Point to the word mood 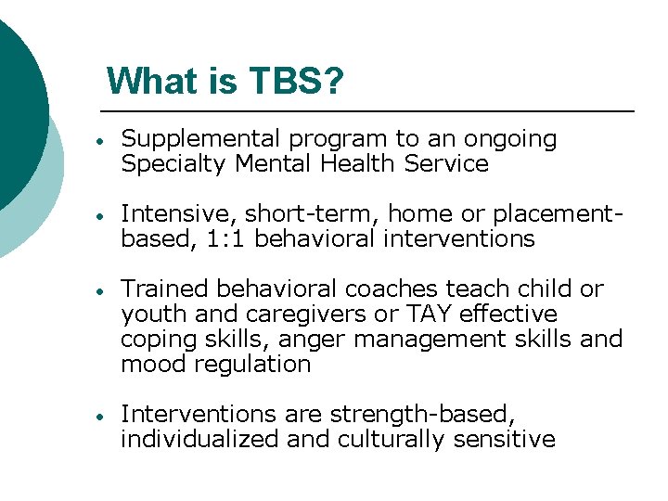[x=148, y=365]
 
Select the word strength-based [x=437, y=415]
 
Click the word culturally [x=391, y=440]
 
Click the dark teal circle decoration [x=14, y=102]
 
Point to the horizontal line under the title [x=371, y=111]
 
